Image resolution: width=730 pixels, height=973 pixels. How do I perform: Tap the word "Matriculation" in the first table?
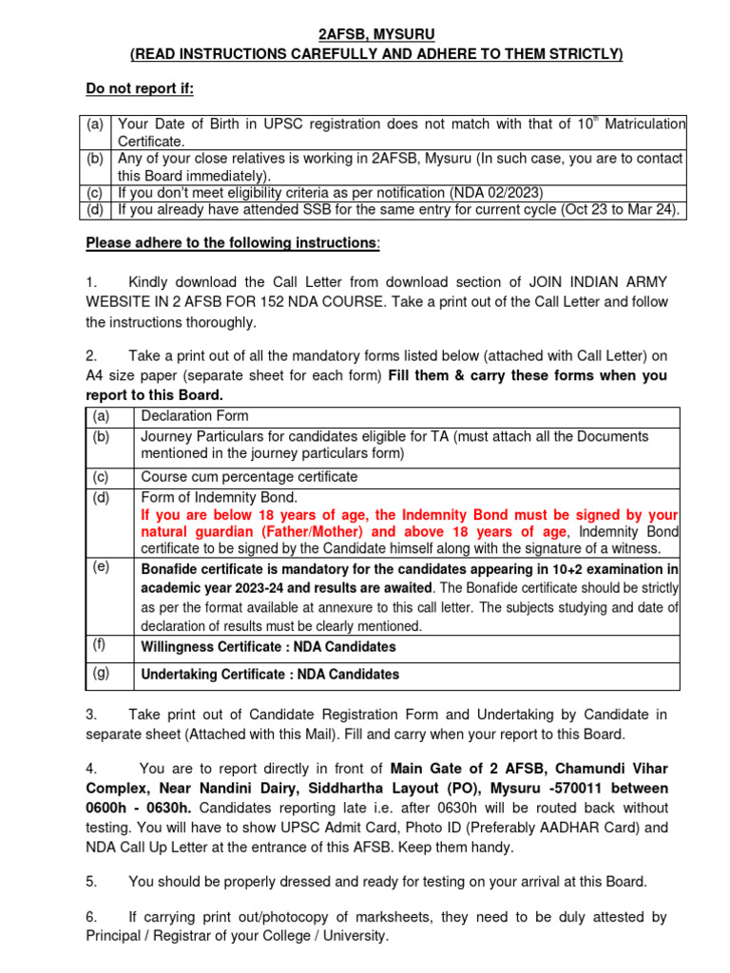[643, 124]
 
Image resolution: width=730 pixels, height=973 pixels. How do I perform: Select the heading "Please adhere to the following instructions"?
[231, 243]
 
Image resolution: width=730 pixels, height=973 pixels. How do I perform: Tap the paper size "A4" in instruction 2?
[96, 375]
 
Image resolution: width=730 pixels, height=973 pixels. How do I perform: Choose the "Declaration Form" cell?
[195, 416]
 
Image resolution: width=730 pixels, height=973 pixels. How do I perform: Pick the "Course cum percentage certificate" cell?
[249, 477]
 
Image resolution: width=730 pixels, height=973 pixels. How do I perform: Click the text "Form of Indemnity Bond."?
[220, 497]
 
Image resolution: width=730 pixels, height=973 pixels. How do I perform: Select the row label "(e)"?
[101, 567]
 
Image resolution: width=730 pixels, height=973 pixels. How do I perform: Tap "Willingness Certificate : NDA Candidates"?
[268, 647]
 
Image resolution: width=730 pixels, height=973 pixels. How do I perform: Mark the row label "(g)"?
[101, 673]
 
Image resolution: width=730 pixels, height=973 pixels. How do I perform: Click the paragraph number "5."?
[91, 882]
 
